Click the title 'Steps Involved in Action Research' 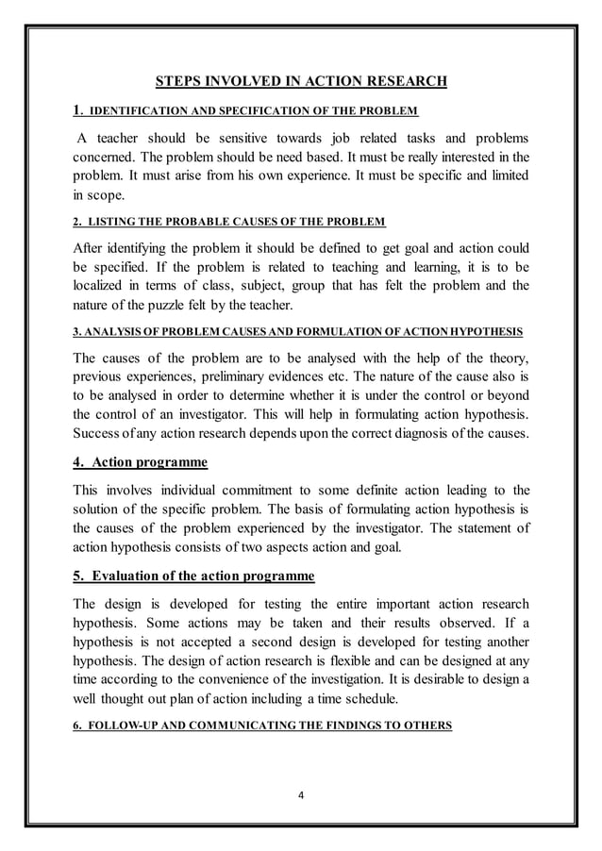tap(300, 81)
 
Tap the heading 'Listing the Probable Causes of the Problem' tap(229, 222)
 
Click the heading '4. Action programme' tap(140, 462)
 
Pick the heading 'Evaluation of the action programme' tap(193, 576)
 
